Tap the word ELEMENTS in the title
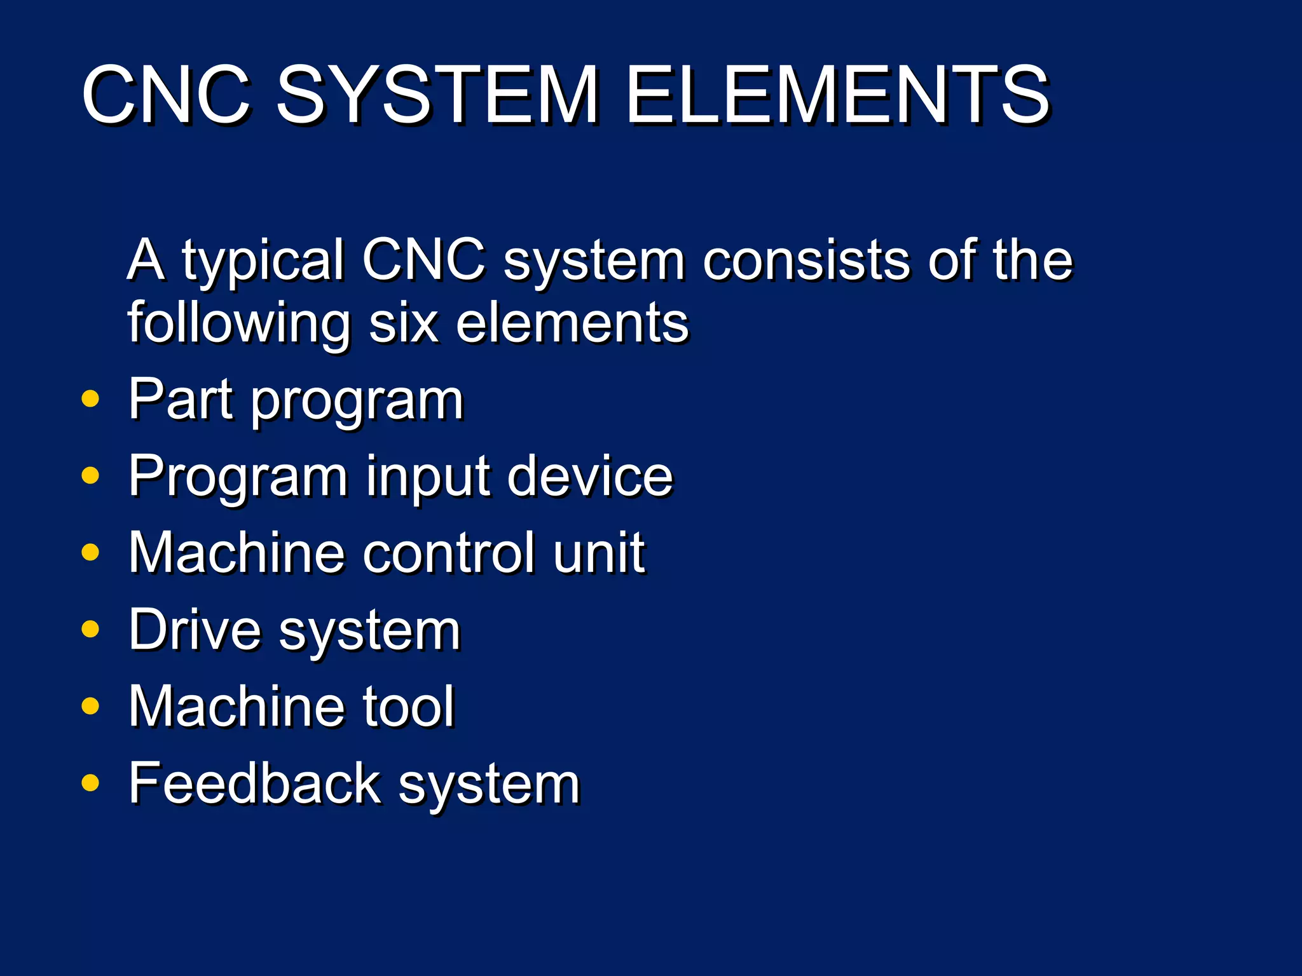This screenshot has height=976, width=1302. [x=837, y=95]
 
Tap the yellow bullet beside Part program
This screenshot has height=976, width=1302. [x=91, y=399]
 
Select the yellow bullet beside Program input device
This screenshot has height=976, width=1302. [x=91, y=475]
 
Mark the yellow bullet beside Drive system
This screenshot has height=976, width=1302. [x=91, y=629]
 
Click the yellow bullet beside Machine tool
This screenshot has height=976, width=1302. [x=91, y=706]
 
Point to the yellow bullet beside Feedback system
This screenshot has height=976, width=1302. [x=91, y=783]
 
